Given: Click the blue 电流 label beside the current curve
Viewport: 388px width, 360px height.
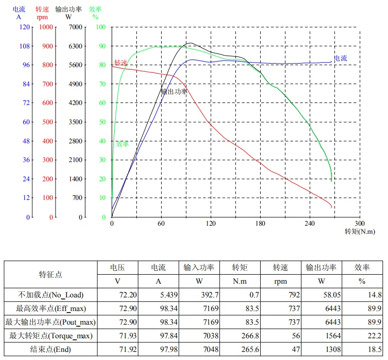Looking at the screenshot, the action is [x=341, y=59].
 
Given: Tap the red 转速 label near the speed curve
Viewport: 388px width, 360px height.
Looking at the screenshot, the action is [x=121, y=63].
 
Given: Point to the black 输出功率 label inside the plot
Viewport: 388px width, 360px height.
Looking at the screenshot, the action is [x=174, y=92].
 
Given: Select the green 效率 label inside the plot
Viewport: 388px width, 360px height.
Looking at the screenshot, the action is [x=122, y=144].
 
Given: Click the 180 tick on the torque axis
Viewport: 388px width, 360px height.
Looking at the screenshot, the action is [x=260, y=224].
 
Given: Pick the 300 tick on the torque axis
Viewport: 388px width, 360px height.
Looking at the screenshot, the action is [x=360, y=224].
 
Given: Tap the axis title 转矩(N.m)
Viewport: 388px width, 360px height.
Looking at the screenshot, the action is [x=360, y=232].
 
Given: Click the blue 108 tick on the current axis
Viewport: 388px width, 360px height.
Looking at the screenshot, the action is [x=24, y=46].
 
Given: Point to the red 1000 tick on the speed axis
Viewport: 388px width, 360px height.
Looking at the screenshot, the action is [x=46, y=27].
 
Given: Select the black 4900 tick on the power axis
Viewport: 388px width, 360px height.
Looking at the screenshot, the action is [x=75, y=84].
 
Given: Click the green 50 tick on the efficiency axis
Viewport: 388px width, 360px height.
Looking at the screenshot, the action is [x=102, y=122].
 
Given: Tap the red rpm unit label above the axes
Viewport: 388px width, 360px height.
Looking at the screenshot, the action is [x=42, y=17].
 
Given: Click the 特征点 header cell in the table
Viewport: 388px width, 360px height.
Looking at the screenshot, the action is [x=51, y=274].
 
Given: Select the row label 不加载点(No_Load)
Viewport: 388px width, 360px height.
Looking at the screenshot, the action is [x=51, y=295].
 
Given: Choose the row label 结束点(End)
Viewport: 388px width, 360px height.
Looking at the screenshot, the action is [x=51, y=349].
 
